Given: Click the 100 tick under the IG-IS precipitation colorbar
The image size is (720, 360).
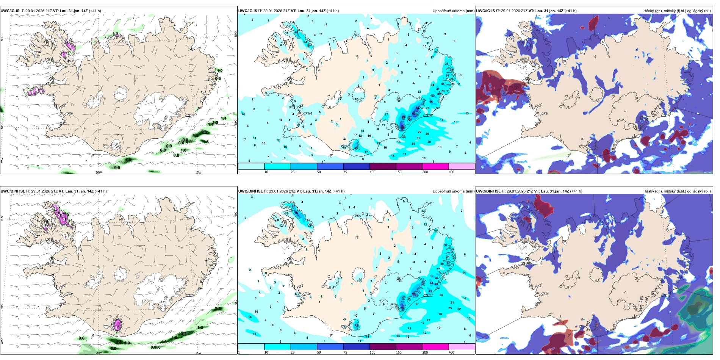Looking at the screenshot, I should pyautogui.click(x=373, y=172).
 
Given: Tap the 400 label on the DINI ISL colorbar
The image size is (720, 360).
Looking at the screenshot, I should pyautogui.click(x=451, y=352).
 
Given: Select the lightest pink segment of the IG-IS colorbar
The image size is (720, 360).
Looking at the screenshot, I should pyautogui.click(x=462, y=166).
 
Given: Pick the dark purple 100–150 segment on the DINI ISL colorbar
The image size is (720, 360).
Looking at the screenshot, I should pyautogui.click(x=383, y=347).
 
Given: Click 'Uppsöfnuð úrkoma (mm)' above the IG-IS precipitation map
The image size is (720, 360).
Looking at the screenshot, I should pyautogui.click(x=453, y=11).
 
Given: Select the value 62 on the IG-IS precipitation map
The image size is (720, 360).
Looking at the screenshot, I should pyautogui.click(x=418, y=108).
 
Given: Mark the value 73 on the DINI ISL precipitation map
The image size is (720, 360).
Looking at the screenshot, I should pyautogui.click(x=402, y=308).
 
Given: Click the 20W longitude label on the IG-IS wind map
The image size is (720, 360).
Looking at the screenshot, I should pyautogui.click(x=99, y=172).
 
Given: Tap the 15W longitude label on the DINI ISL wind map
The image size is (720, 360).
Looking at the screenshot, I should pyautogui.click(x=198, y=353).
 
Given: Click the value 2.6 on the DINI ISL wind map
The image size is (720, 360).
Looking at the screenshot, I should pyautogui.click(x=218, y=309).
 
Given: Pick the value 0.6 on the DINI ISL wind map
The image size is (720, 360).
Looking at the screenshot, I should pyautogui.click(x=81, y=338).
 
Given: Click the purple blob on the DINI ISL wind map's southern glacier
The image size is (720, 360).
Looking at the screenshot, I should pyautogui.click(x=117, y=325).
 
